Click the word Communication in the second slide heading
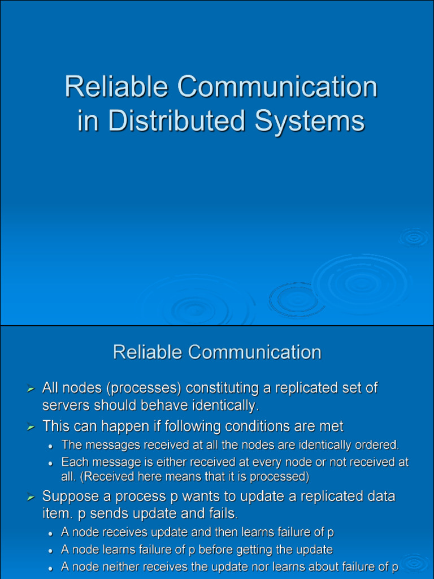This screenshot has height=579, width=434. point(254,352)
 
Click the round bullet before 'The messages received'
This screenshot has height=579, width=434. point(51,446)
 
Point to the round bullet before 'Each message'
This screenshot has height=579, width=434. point(51,463)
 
